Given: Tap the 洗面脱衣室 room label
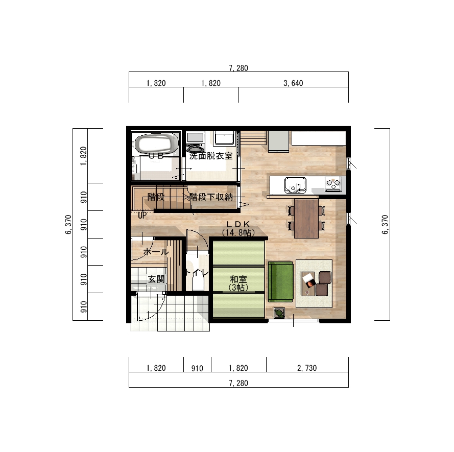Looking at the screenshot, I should pos(211,156).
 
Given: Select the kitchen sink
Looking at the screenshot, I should pos(295,184).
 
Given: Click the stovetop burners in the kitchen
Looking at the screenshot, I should pos(333,184).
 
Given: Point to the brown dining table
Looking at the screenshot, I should pos(306,218).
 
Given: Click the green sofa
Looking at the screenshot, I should pos(281,282).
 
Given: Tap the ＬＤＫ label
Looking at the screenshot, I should pos(237,224).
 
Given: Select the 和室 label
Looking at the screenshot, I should pos(238,279).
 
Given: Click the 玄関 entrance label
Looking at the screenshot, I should pos(156,279).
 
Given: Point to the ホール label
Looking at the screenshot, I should pos(156,252).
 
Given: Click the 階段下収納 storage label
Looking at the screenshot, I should pos(211,196).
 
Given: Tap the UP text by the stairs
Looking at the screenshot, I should pos(142,215).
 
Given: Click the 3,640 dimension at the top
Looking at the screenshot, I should pos(293,83).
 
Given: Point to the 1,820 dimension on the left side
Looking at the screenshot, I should pos(84,155).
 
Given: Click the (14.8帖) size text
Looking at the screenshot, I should pos(238,232).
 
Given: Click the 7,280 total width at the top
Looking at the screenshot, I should pos(238,68).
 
